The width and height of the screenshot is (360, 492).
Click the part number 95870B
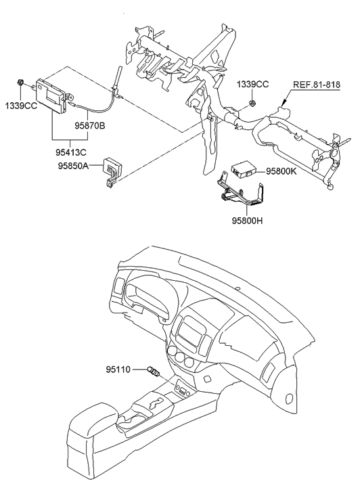click(93, 125)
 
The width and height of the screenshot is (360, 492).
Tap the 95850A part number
click(73, 164)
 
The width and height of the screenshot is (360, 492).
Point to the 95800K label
click(282, 172)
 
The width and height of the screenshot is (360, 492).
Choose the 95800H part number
click(246, 221)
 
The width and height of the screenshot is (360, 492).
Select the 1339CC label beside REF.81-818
click(252, 84)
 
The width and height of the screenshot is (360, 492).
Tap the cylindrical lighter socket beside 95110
click(154, 372)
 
